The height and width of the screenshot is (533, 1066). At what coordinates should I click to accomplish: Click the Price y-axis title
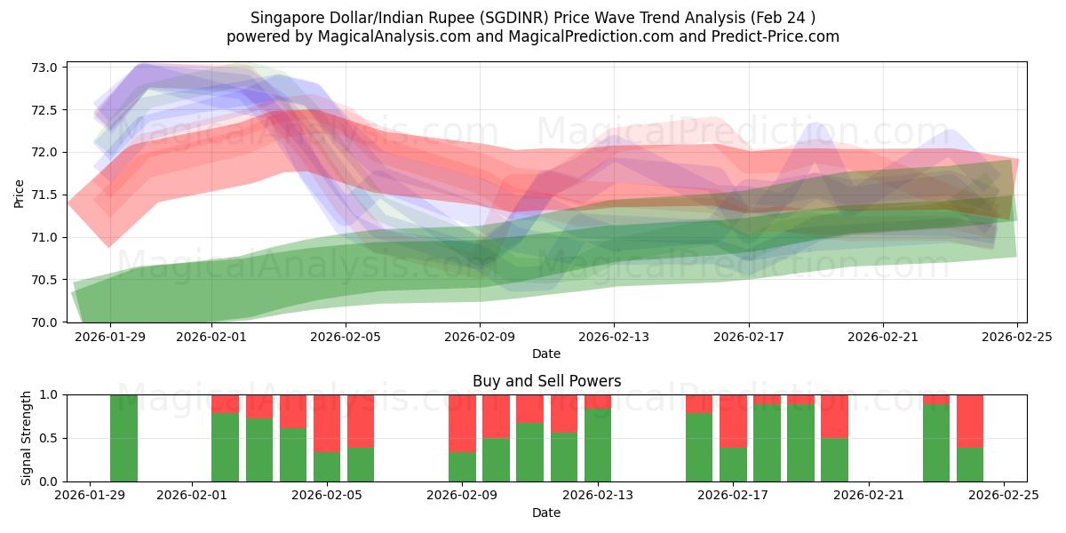pyautogui.click(x=20, y=194)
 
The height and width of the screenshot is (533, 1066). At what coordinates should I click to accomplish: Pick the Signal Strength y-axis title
pyautogui.click(x=27, y=437)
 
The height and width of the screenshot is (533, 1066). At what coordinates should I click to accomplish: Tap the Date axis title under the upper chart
pyautogui.click(x=546, y=354)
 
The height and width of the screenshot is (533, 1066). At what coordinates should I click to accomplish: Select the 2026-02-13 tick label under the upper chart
pyautogui.click(x=614, y=337)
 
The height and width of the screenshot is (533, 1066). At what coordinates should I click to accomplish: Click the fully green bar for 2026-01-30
pyautogui.click(x=124, y=438)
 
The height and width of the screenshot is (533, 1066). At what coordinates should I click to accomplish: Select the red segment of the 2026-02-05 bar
pyautogui.click(x=327, y=423)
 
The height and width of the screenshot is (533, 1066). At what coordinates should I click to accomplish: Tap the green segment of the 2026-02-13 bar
pyautogui.click(x=598, y=445)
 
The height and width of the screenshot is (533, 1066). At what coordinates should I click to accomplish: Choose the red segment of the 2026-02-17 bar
pyautogui.click(x=733, y=420)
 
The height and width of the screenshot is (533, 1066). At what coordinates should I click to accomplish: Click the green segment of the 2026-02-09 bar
pyautogui.click(x=462, y=466)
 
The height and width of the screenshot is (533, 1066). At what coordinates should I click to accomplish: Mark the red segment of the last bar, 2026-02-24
pyautogui.click(x=970, y=420)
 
